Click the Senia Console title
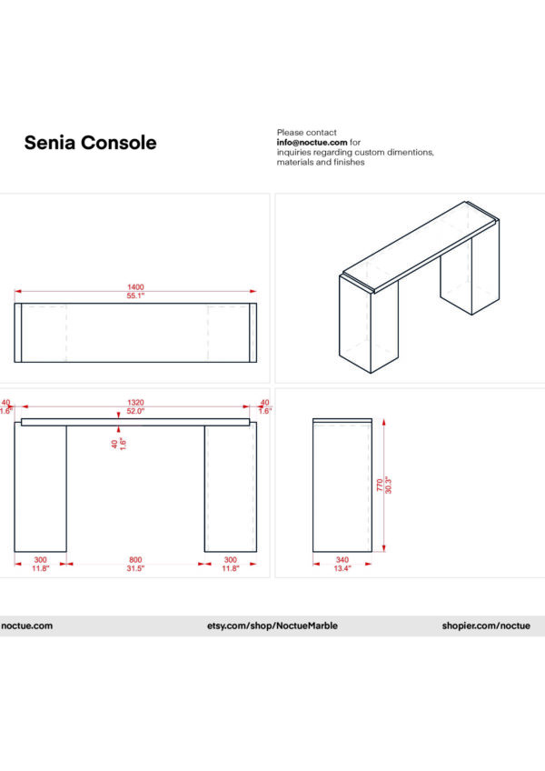[x=90, y=143]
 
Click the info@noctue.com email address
[x=312, y=143]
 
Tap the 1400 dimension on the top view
[x=135, y=287]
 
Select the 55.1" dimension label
[x=135, y=296]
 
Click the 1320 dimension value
[x=135, y=402]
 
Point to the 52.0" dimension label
[x=135, y=411]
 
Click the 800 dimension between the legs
[x=135, y=559]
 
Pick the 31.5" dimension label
[x=135, y=568]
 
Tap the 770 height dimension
[x=380, y=487]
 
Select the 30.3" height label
[x=388, y=487]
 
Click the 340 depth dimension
[x=342, y=559]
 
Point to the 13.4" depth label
[x=342, y=568]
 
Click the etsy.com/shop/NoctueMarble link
[x=272, y=626]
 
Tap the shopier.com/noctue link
[x=486, y=626]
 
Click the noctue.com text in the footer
[x=27, y=626]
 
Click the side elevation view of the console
[x=342, y=486]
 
